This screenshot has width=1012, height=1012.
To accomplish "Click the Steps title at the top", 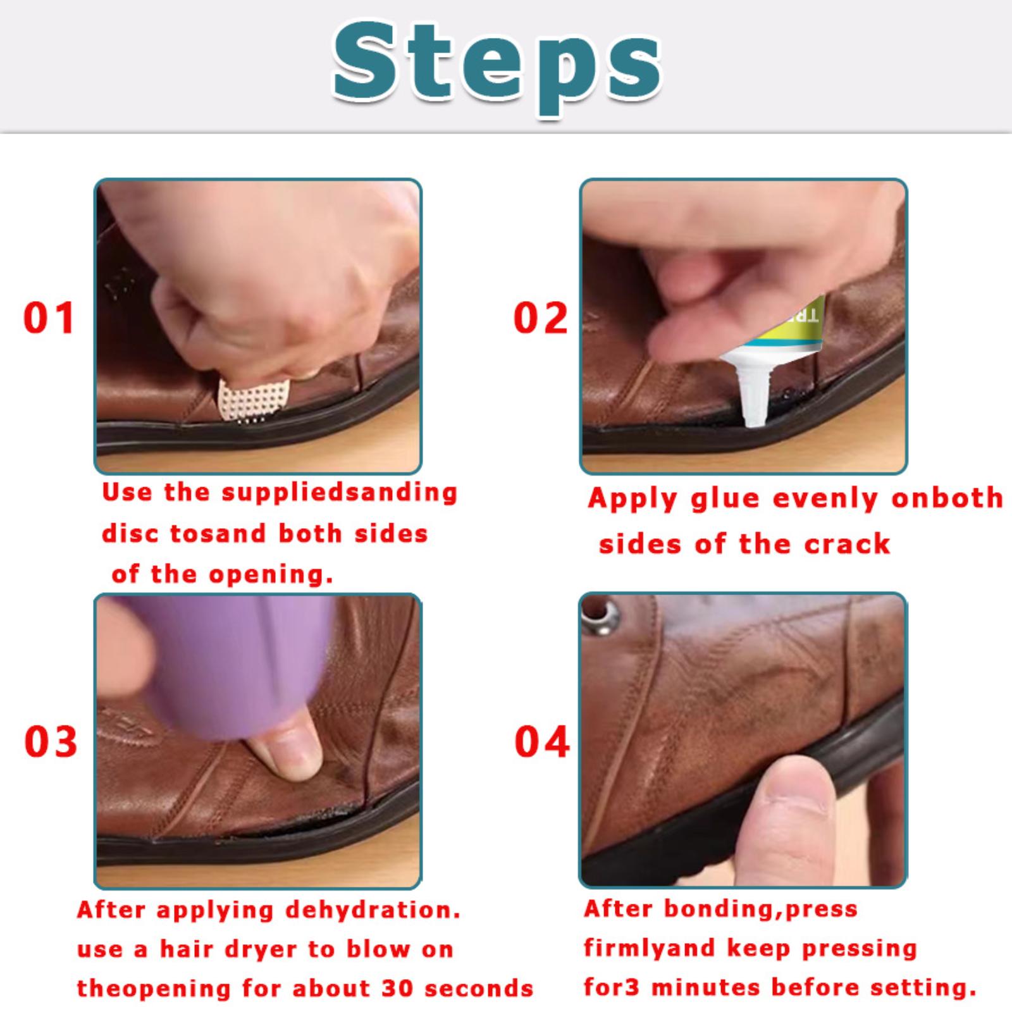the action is [497, 67].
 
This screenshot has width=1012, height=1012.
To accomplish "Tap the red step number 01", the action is [49, 318].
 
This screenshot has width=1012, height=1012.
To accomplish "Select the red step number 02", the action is [541, 318].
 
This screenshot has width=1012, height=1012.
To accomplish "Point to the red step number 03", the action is [51, 741].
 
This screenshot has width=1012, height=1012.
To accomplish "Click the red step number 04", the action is [542, 741].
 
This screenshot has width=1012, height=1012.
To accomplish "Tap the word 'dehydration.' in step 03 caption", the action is [373, 911].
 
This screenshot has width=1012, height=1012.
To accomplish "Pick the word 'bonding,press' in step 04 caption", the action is [761, 910].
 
